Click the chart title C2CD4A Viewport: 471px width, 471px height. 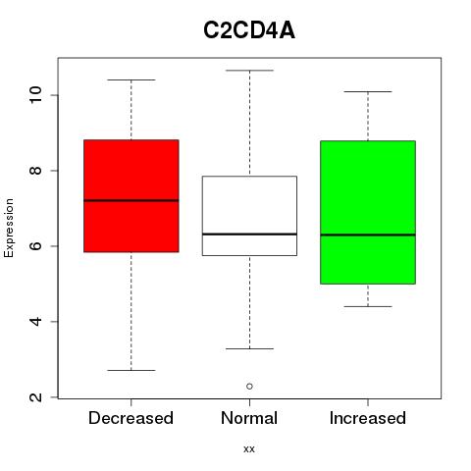(249, 30)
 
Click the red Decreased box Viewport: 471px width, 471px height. (131, 196)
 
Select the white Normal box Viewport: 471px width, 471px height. (249, 216)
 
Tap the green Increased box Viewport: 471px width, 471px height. (368, 212)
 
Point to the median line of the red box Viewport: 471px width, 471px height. (131, 200)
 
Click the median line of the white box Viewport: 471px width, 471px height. (249, 235)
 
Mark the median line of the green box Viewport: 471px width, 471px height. (368, 235)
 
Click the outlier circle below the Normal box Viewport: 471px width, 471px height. (249, 387)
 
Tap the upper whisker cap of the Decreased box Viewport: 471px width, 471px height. (131, 79)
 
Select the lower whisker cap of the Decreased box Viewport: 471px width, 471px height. (131, 370)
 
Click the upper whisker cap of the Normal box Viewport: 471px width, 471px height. (249, 71)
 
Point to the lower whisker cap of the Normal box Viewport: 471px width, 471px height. (249, 348)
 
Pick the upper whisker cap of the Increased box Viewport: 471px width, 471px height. (368, 91)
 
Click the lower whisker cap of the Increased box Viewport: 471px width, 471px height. (368, 306)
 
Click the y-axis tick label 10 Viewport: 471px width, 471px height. (36, 95)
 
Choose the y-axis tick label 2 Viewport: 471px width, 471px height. (36, 397)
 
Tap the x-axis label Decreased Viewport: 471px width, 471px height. (131, 418)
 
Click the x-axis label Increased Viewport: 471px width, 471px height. (368, 418)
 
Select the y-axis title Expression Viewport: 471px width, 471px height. (9, 228)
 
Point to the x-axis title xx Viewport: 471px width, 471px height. (249, 449)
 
